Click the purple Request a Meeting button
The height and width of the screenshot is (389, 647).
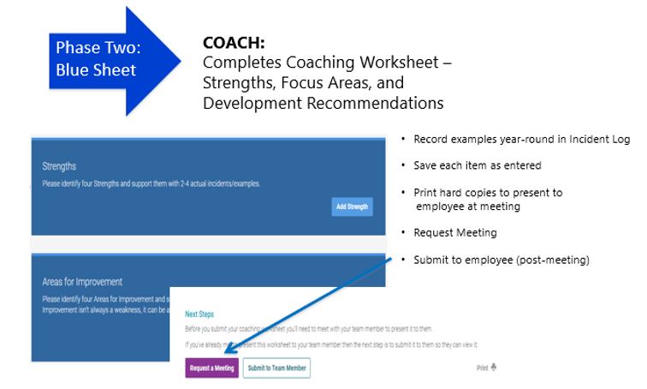[x=211, y=368]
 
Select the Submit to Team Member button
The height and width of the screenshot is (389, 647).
[x=276, y=368]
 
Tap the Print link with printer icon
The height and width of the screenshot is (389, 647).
[x=486, y=368]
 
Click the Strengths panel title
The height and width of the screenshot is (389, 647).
[x=59, y=166]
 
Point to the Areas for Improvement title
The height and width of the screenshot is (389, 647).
[x=82, y=281]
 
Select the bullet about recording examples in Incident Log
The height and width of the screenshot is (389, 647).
[x=521, y=140]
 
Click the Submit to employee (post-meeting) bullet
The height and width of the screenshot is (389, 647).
[x=501, y=260]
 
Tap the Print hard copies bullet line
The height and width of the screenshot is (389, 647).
[x=487, y=193]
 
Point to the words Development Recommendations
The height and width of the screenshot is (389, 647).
[x=323, y=104]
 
